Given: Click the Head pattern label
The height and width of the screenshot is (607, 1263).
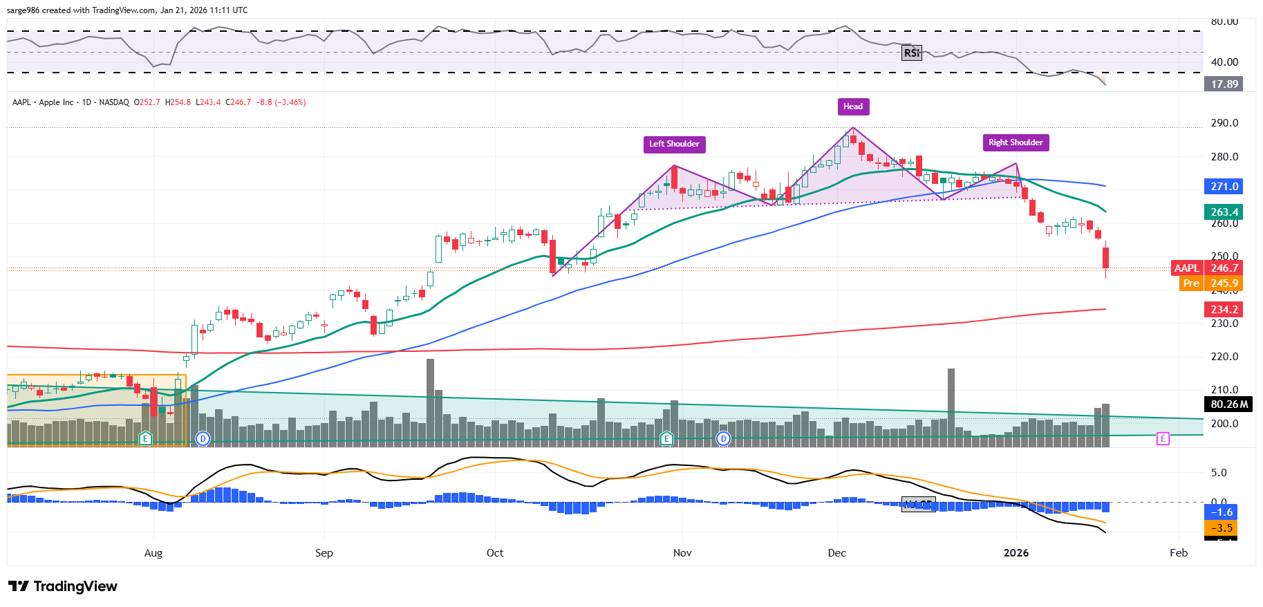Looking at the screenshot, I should click(x=852, y=106).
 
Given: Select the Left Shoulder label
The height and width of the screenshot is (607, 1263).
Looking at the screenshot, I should click(x=674, y=144).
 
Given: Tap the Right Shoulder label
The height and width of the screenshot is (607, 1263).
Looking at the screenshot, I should click(x=1015, y=142).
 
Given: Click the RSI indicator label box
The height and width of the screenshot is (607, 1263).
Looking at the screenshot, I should click(x=912, y=53).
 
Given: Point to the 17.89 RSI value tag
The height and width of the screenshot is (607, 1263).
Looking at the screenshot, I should click(x=1224, y=84).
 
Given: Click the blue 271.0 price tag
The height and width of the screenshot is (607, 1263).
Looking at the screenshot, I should click(x=1224, y=187).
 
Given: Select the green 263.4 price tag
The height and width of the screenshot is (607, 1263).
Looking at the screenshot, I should click(x=1224, y=212).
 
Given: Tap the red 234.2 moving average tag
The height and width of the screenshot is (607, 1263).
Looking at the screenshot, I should click(x=1224, y=310).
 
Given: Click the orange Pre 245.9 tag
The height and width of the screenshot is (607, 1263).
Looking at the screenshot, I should click(x=1210, y=283).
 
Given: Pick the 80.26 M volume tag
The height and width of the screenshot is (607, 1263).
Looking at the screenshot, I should click(x=1228, y=404).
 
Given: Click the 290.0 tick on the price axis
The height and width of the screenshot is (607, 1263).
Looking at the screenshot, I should click(x=1224, y=123).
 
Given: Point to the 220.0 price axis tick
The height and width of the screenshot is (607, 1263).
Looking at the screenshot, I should click(x=1224, y=357).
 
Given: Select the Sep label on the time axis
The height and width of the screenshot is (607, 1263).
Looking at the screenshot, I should click(x=324, y=553).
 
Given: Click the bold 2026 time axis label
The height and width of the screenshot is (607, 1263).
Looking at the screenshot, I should click(x=1016, y=553).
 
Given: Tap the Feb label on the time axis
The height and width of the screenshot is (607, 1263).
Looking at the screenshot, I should click(x=1178, y=553).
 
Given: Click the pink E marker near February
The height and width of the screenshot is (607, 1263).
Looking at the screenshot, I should click(x=1163, y=438).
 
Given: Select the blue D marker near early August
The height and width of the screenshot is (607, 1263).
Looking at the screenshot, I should click(x=203, y=438).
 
